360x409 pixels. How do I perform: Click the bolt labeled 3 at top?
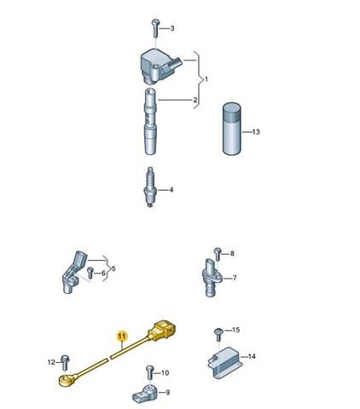tap(155, 27)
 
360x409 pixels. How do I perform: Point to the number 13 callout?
tap(257, 131)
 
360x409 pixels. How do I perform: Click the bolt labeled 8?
tap(217, 253)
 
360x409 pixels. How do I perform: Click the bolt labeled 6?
tap(90, 273)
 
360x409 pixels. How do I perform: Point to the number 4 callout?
tap(171, 190)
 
